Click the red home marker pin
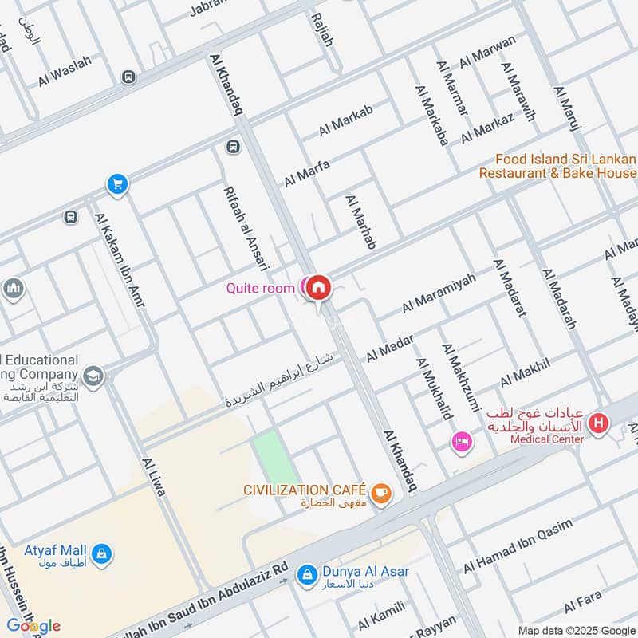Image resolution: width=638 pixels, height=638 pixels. tap(319, 286)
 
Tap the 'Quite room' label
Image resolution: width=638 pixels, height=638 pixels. tap(260, 288)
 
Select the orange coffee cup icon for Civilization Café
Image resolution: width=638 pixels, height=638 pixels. tap(382, 494)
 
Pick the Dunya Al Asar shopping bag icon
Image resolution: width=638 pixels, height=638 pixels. tap(305, 573)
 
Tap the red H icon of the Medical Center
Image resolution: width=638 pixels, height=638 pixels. tap(598, 426)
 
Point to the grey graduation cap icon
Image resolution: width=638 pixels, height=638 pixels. tap(93, 375)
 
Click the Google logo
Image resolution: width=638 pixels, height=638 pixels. tap(33, 626)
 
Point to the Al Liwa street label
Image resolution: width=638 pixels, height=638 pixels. tap(153, 477)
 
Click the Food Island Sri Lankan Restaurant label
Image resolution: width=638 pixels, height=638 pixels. tap(566, 166)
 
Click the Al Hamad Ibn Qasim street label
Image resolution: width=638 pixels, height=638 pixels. tap(518, 545)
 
